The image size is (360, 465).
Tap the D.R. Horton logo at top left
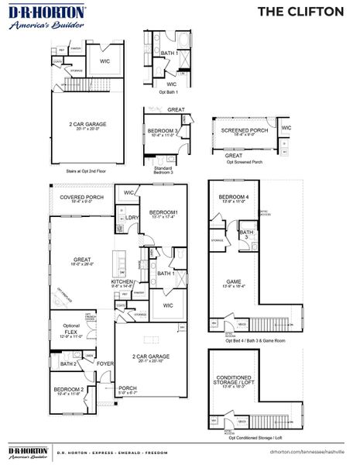click(x=36, y=16)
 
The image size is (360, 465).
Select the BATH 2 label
click(x=68, y=363)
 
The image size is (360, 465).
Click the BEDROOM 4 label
click(x=234, y=198)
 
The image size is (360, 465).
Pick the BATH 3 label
click(x=245, y=233)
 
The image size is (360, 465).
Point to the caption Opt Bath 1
click(x=168, y=91)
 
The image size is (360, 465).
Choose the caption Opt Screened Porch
click(x=244, y=163)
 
